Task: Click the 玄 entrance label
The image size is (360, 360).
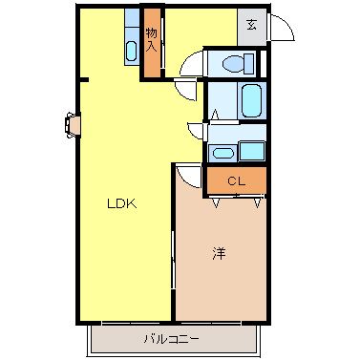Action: tap(251, 26)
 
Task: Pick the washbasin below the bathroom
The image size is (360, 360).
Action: tap(222, 153)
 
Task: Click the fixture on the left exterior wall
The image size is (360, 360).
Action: tap(73, 123)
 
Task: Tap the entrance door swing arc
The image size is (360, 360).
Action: tap(279, 32)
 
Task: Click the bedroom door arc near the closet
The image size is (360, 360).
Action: tap(187, 176)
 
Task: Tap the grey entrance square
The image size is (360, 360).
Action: tap(251, 26)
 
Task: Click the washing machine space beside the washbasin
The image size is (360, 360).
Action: tap(252, 150)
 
